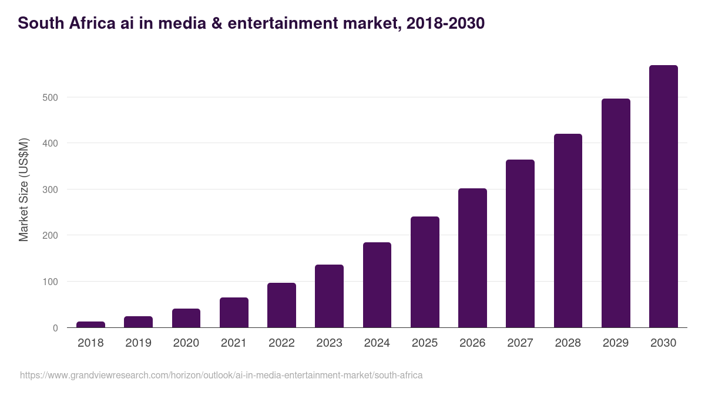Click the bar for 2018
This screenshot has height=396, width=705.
90,324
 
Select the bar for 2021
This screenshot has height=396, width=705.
234,313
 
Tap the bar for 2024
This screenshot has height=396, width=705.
377,285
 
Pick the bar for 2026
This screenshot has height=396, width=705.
472,258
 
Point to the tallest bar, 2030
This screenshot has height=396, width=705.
663,197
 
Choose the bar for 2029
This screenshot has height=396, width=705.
616,213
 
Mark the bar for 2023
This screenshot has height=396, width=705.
329,296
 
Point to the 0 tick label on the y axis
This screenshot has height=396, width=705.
55,328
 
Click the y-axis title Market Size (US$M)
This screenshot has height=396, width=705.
23,189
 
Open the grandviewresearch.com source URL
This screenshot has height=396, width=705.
221,375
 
